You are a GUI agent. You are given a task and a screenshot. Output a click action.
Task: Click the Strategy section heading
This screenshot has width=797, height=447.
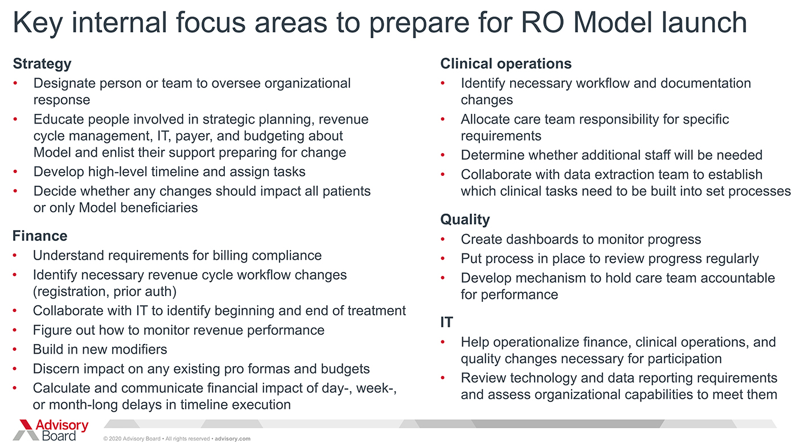tap(42, 64)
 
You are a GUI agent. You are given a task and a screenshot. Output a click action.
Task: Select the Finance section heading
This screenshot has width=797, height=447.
tap(40, 236)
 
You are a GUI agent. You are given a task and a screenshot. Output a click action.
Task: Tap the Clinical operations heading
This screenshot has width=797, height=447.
tap(506, 64)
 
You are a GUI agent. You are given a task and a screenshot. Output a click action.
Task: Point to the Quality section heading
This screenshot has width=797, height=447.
tap(465, 220)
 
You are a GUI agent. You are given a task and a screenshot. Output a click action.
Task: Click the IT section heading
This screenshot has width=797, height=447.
tap(446, 322)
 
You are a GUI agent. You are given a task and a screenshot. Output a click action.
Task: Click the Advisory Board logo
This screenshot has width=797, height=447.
tap(51, 430)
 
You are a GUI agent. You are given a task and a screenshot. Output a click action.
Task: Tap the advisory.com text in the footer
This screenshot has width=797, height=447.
tap(232, 439)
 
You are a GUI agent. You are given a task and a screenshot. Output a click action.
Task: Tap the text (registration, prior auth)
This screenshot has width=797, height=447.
tap(105, 292)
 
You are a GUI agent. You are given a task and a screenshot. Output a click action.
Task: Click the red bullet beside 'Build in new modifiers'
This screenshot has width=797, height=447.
tap(15, 350)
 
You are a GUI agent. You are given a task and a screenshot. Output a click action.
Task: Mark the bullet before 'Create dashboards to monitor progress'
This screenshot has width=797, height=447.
tap(443, 239)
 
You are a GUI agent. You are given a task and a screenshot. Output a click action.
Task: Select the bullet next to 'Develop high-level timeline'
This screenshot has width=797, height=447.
tap(15, 172)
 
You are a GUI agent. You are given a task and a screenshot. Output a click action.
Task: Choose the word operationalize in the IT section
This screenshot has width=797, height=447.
tap(536, 342)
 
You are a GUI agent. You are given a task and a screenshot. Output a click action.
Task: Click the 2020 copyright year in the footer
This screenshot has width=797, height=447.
tap(114, 439)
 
